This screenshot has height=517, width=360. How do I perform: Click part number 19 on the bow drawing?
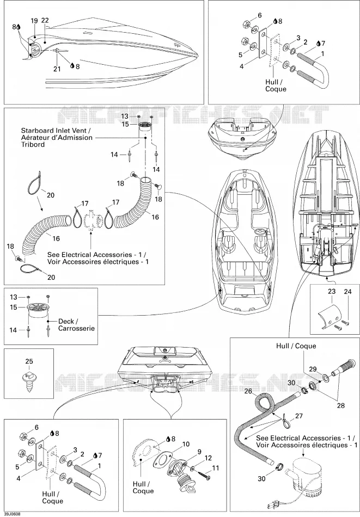point(34,21)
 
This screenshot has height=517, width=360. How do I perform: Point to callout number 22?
point(45,21)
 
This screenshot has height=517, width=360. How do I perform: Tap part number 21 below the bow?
point(57,69)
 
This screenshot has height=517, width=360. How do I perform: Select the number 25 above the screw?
point(29,361)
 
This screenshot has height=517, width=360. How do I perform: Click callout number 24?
point(348,292)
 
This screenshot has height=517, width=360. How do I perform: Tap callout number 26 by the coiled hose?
point(248,391)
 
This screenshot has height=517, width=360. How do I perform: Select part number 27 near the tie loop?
point(299,416)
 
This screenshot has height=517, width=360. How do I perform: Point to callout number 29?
point(313,369)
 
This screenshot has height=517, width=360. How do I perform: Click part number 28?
point(340,405)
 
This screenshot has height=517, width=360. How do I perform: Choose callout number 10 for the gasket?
point(186,444)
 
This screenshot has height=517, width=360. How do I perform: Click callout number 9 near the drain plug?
point(199,452)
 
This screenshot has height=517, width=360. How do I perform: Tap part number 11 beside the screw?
point(215,468)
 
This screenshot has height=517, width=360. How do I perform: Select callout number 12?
point(208,458)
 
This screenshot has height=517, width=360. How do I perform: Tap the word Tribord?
point(33,144)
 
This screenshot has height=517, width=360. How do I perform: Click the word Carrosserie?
point(77,328)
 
